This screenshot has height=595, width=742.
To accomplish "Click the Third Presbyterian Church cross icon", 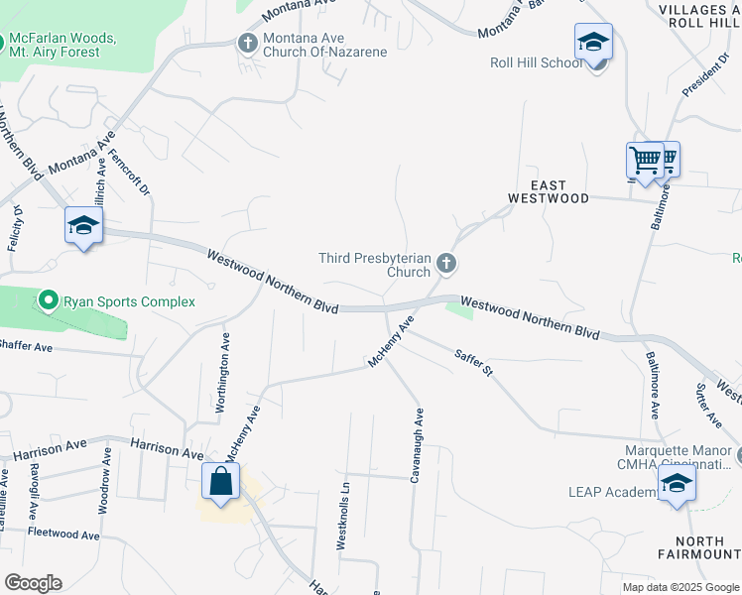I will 446,263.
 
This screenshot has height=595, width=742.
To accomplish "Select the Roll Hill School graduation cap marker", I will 593,42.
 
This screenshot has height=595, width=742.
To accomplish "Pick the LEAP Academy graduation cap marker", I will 678,484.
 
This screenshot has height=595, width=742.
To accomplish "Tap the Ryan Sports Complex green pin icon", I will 48,300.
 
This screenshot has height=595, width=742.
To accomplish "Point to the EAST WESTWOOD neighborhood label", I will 548,191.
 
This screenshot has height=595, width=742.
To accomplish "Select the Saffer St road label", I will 473,362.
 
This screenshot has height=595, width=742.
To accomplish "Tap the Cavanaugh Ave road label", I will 418,444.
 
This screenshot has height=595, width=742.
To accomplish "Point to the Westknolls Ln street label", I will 342,516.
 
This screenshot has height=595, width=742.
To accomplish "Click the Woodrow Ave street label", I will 104,484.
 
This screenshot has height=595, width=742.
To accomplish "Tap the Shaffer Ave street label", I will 25,345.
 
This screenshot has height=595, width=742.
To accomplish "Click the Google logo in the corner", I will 33,582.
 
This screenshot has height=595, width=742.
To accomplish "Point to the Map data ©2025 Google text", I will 680,587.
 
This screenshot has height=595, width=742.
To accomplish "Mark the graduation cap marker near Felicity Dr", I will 83,225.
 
